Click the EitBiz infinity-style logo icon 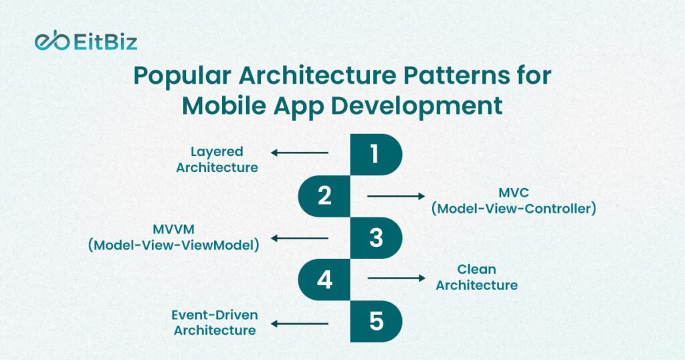pos(52,41)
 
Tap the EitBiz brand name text pos(106,42)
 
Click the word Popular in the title pos(182,76)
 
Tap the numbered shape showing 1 pos(376,155)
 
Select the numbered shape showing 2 pos(324,196)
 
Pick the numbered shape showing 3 pos(376,238)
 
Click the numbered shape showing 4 pos(324,280)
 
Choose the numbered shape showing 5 pos(376,321)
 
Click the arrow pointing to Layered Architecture pos(299,153)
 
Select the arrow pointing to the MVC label pos(396,196)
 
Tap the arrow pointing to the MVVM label pos(299,238)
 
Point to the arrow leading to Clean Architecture pos(396,278)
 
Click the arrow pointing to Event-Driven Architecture pos(299,324)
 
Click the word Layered pos(217,153)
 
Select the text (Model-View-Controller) pos(514,208)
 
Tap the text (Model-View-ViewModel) pos(173,245)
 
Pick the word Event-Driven pos(215,315)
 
